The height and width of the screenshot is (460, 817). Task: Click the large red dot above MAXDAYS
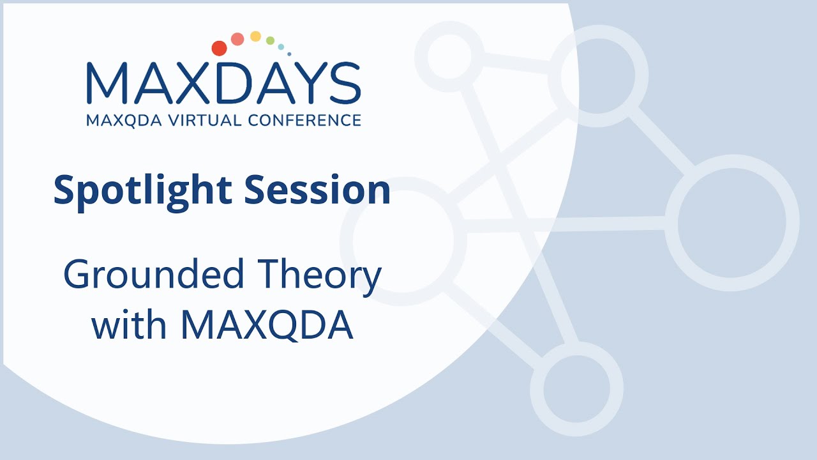pyautogui.click(x=219, y=49)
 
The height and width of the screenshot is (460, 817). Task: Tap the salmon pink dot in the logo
pyautogui.click(x=237, y=39)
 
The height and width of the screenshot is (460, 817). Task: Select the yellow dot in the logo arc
pyautogui.click(x=255, y=36)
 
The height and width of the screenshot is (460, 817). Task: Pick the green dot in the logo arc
pyautogui.click(x=270, y=41)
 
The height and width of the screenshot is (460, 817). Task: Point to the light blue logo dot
pyautogui.click(x=281, y=47)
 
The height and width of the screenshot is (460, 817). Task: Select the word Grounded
pyautogui.click(x=154, y=275)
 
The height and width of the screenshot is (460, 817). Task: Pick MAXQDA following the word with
pyautogui.click(x=266, y=325)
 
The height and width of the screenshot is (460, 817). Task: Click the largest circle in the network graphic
pyautogui.click(x=731, y=223)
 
